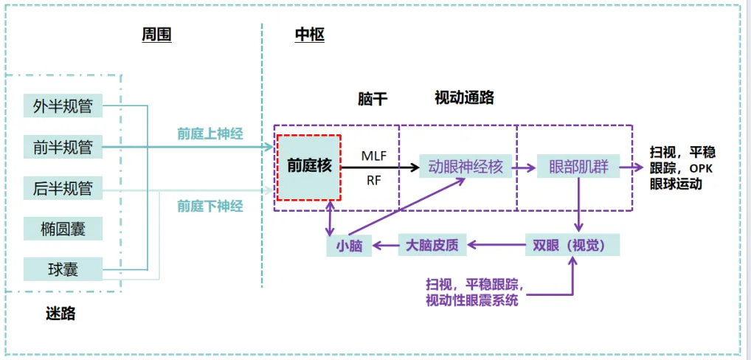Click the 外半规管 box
(x=63, y=105)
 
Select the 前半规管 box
(x=63, y=147)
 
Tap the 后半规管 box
(x=63, y=188)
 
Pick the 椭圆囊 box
(x=63, y=229)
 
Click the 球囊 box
(x=63, y=269)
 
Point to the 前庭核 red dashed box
(x=309, y=167)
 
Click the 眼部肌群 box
(x=578, y=167)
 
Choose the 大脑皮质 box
(x=432, y=245)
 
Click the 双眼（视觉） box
(x=572, y=245)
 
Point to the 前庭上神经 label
(x=210, y=134)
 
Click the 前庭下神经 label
(x=210, y=206)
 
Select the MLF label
(x=374, y=156)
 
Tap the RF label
(x=374, y=179)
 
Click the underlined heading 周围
(x=156, y=35)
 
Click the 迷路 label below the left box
(x=60, y=314)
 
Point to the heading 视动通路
(x=463, y=97)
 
